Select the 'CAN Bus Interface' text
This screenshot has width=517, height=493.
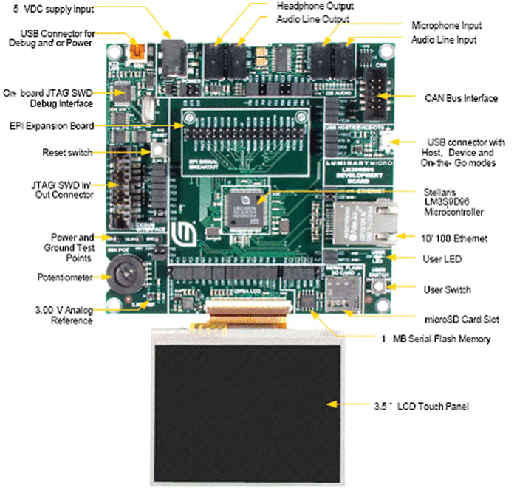point(459,97)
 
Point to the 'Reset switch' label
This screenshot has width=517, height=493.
point(68,153)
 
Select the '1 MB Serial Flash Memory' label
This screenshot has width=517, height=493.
point(435,339)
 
